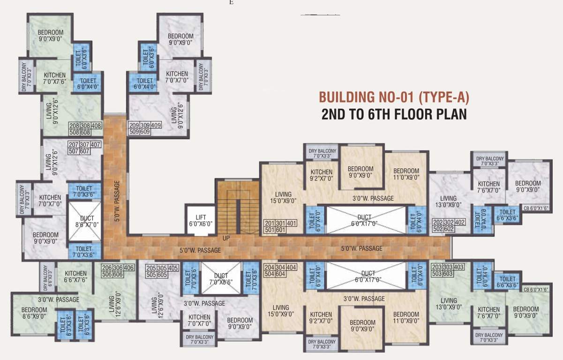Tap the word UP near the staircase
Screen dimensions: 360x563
click(x=226, y=239)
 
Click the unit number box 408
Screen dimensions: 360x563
click(x=96, y=126)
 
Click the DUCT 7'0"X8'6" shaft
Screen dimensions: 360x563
click(x=220, y=278)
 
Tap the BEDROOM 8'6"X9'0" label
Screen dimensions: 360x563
click(x=34, y=313)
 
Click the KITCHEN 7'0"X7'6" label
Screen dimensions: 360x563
click(x=55, y=78)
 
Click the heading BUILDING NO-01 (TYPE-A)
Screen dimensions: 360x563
click(x=394, y=97)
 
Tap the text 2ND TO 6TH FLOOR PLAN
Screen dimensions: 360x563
click(x=394, y=114)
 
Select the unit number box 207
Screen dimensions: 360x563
click(x=74, y=145)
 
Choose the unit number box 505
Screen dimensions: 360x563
click(x=151, y=274)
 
